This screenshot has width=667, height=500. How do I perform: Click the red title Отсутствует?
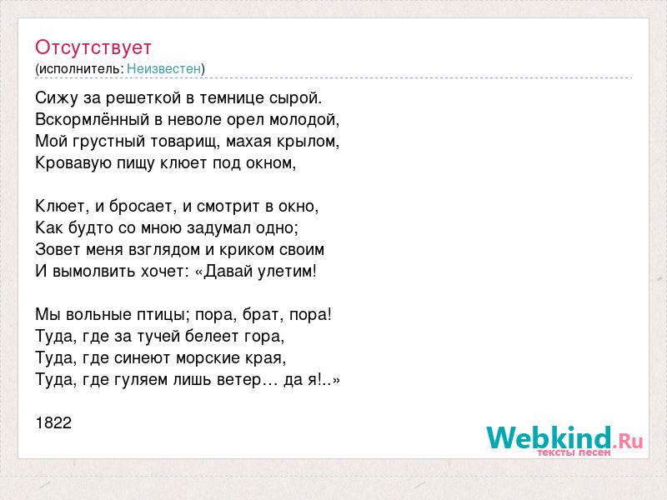tap(93, 47)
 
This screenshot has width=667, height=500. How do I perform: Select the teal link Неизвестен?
tap(163, 69)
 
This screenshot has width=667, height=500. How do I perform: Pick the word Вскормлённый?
tap(93, 120)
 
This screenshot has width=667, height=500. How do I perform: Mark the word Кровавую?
tap(68, 163)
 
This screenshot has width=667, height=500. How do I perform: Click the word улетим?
tap(289, 272)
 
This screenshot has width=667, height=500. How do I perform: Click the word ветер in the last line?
tap(238, 380)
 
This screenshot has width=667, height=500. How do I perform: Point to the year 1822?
tap(53, 423)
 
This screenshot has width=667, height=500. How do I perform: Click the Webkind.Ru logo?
tap(564, 441)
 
